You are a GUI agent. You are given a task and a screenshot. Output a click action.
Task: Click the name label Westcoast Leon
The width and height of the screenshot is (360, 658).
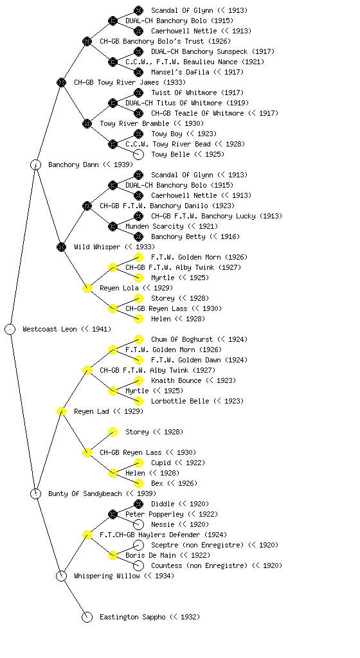[50, 329]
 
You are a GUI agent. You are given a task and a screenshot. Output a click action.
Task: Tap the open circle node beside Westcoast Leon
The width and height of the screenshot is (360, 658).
[10, 329]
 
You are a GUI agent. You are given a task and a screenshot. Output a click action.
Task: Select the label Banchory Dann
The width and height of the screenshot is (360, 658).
[73, 164]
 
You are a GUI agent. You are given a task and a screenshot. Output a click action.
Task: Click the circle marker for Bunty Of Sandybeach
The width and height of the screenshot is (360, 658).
[35, 493]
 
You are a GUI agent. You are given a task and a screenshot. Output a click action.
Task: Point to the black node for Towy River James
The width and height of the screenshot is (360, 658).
[61, 82]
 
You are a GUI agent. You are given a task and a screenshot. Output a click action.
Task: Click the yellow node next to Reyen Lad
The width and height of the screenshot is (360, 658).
[61, 411]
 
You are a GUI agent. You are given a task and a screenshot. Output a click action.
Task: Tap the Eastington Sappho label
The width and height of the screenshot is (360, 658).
[132, 617]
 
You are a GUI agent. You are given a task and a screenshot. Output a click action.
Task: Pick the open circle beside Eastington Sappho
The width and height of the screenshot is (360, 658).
[87, 617]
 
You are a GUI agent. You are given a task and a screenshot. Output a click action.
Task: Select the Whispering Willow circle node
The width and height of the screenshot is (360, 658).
[61, 576]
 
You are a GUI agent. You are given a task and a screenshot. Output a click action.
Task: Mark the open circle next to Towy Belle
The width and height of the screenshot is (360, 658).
[138, 154]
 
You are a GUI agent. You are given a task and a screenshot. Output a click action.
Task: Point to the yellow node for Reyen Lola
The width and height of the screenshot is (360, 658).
[87, 288]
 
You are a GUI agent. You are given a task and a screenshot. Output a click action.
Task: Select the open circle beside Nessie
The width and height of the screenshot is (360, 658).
[138, 524]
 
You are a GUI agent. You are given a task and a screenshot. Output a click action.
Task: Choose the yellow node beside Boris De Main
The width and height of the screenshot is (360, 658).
[113, 555]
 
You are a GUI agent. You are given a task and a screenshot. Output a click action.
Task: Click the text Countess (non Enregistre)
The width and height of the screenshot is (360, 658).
[199, 565]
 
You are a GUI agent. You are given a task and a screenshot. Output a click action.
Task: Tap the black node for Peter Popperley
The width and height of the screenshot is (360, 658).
[113, 514]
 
